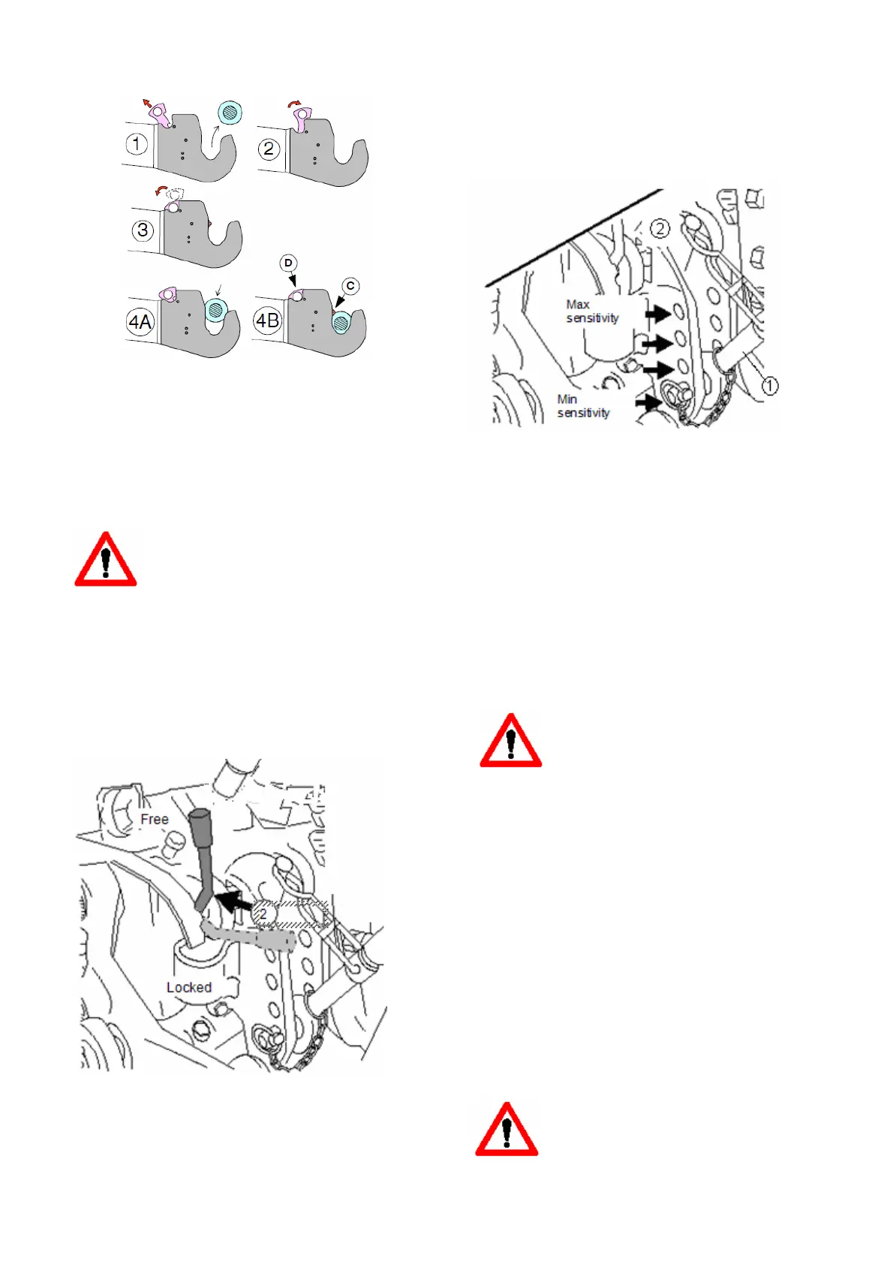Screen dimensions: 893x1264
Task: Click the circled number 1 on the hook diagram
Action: tap(136, 143)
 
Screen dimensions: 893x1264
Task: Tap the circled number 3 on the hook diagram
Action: tap(143, 230)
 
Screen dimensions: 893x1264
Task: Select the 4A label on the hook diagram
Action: tap(140, 323)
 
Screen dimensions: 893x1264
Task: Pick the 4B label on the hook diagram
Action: tap(267, 321)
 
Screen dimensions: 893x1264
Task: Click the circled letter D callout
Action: tap(289, 263)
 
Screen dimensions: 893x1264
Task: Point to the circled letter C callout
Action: tap(350, 286)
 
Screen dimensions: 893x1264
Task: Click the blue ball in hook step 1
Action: tap(230, 113)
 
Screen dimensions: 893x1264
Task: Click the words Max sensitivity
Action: tap(592, 311)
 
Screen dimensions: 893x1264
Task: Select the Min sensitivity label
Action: tap(583, 406)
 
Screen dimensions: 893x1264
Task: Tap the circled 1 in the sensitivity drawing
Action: tap(770, 386)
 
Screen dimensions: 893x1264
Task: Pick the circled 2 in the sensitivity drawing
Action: tap(660, 228)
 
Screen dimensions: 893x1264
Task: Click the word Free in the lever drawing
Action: tap(155, 819)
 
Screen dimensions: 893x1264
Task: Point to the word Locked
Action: tap(189, 987)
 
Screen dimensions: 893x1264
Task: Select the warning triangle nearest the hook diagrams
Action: tap(106, 561)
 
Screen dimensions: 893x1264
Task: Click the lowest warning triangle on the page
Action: tap(507, 1131)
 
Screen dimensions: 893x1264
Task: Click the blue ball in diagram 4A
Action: tap(216, 308)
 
